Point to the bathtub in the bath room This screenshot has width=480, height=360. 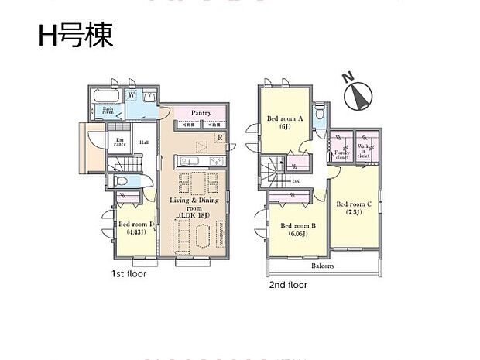point(104,96)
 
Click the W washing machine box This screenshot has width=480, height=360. point(132,95)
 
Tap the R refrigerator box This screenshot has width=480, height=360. point(220,139)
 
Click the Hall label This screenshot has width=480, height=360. point(144,142)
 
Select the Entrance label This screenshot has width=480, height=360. point(119,142)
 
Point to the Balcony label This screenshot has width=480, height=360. point(323,266)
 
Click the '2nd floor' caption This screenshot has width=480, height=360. point(287,285)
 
